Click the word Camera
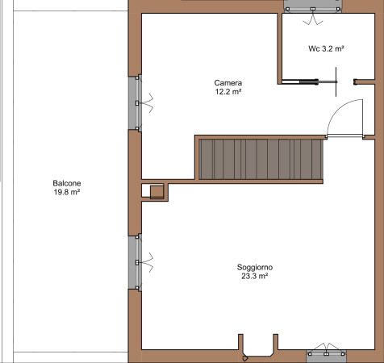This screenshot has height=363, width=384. (228, 83)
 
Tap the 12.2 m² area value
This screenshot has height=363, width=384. (228, 92)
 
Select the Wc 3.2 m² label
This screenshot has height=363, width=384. (326, 48)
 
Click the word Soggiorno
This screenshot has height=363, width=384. (255, 267)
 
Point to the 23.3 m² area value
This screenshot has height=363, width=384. (254, 276)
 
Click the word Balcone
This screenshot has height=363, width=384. (67, 183)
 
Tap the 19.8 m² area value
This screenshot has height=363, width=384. (67, 192)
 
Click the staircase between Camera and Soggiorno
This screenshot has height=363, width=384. (261, 159)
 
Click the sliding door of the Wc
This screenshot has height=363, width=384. (309, 81)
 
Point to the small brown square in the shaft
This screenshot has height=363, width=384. (157, 192)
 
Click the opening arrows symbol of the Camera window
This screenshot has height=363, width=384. (148, 103)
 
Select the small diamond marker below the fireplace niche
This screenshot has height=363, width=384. (244, 358)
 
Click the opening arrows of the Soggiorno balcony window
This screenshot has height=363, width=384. (148, 262)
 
